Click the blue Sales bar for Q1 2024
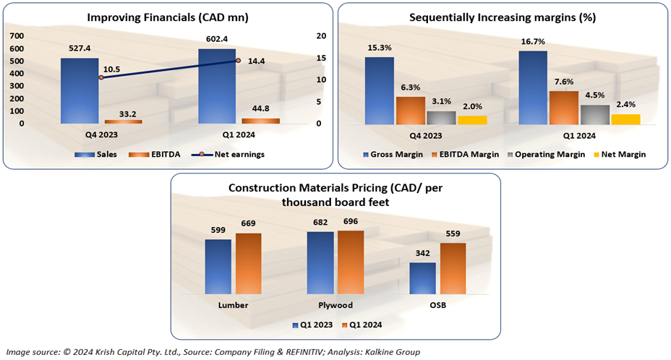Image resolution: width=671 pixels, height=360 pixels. (217, 86)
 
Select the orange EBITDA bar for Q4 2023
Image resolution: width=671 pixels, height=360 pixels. (123, 121)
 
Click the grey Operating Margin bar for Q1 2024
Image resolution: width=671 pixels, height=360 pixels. (595, 115)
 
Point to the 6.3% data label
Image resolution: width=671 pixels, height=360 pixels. (410, 87)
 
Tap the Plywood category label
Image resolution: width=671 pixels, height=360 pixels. (335, 305)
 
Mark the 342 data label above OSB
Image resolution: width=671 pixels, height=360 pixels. (422, 252)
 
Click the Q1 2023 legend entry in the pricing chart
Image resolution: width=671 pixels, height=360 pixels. (312, 325)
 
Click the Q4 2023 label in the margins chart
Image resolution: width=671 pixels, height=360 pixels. (426, 135)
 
